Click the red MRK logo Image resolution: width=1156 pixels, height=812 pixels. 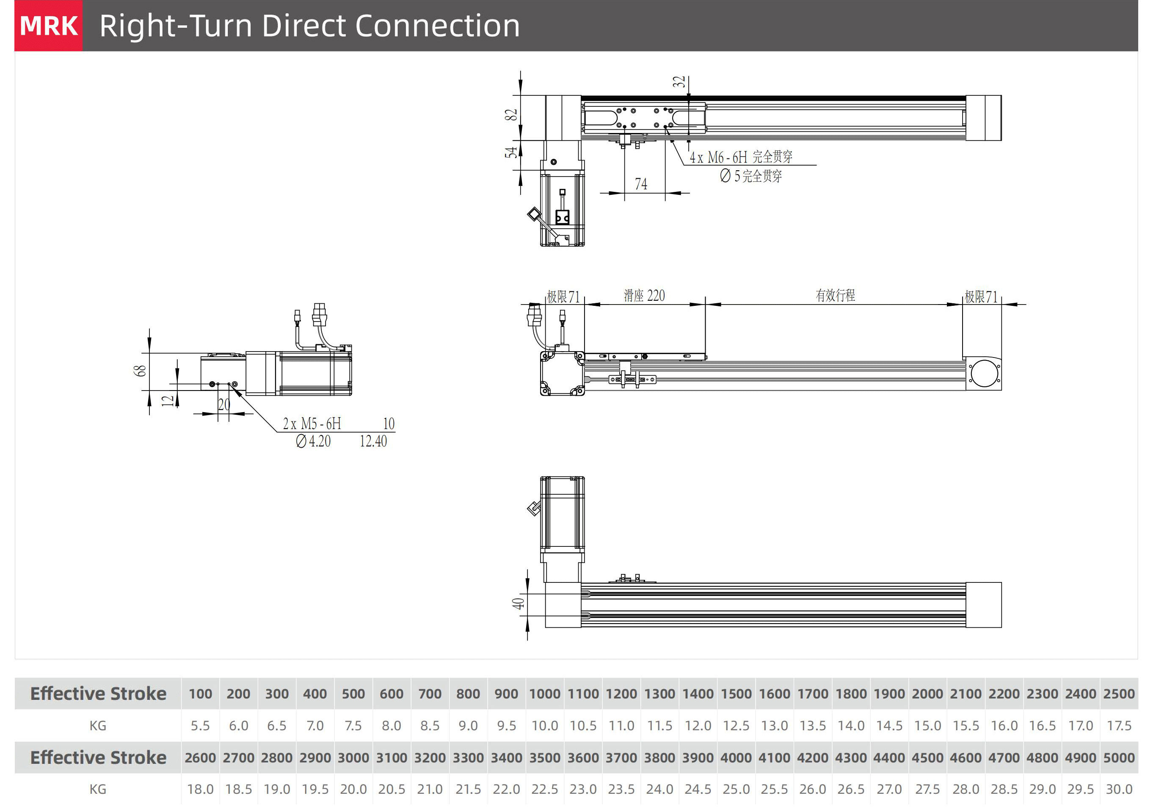tap(49, 26)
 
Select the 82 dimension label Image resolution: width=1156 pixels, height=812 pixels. tap(511, 115)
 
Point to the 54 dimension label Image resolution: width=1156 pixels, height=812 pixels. tap(511, 152)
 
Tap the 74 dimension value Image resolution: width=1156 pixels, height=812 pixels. tap(641, 184)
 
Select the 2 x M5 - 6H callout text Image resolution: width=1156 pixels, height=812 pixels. tap(312, 424)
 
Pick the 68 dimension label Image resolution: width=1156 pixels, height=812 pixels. tap(139, 371)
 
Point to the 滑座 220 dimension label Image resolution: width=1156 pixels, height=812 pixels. tap(645, 296)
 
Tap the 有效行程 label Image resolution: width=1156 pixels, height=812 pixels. tap(835, 295)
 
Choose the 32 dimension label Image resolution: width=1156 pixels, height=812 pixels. tap(679, 82)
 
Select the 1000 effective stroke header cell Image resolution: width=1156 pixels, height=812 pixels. tap(544, 694)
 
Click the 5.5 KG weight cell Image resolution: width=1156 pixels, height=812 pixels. tap(200, 726)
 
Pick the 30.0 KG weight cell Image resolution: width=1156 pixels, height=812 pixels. tap(1119, 789)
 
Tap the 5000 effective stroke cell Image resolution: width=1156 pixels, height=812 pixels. tap(1119, 758)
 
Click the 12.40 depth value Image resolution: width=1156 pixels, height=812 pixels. tap(373, 441)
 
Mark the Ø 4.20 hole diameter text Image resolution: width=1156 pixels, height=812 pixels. tap(313, 441)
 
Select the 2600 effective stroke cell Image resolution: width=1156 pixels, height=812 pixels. tap(200, 758)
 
